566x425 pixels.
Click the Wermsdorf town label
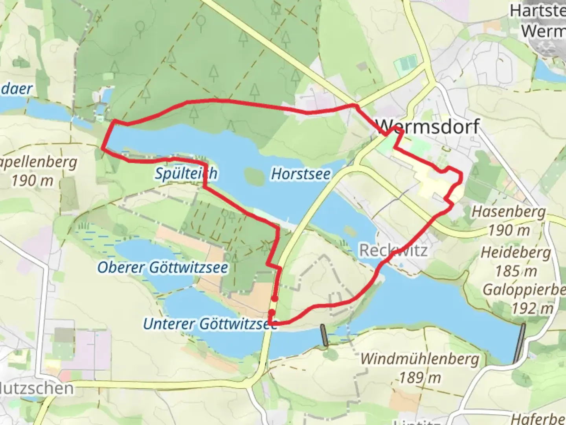tap(428, 127)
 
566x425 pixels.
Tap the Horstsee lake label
tap(301, 174)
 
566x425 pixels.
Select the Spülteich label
tap(186, 173)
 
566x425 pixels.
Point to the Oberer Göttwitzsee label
tap(162, 268)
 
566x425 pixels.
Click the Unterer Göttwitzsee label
tap(210, 324)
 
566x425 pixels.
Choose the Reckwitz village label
tap(393, 250)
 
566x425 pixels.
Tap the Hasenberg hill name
tap(509, 212)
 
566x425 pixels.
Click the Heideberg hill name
tap(516, 252)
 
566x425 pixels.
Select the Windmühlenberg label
tap(420, 359)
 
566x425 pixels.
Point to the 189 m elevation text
tap(420, 378)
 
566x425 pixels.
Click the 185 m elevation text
tap(516, 271)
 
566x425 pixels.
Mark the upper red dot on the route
tap(275, 299)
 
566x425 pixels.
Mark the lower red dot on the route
tap(272, 312)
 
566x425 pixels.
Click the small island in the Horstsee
tap(254, 176)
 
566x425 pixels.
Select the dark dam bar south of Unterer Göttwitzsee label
tap(324, 335)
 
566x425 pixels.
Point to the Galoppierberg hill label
tap(524, 290)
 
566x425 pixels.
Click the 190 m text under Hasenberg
tap(509, 231)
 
